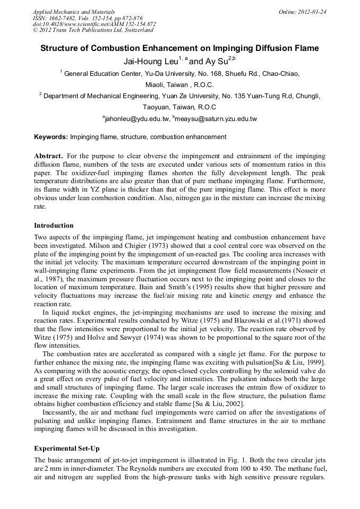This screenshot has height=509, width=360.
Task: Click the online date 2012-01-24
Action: coord(311,12)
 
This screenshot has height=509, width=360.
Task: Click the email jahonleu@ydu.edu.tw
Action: coord(135,119)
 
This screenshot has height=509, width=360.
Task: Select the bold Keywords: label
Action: coord(51,137)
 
